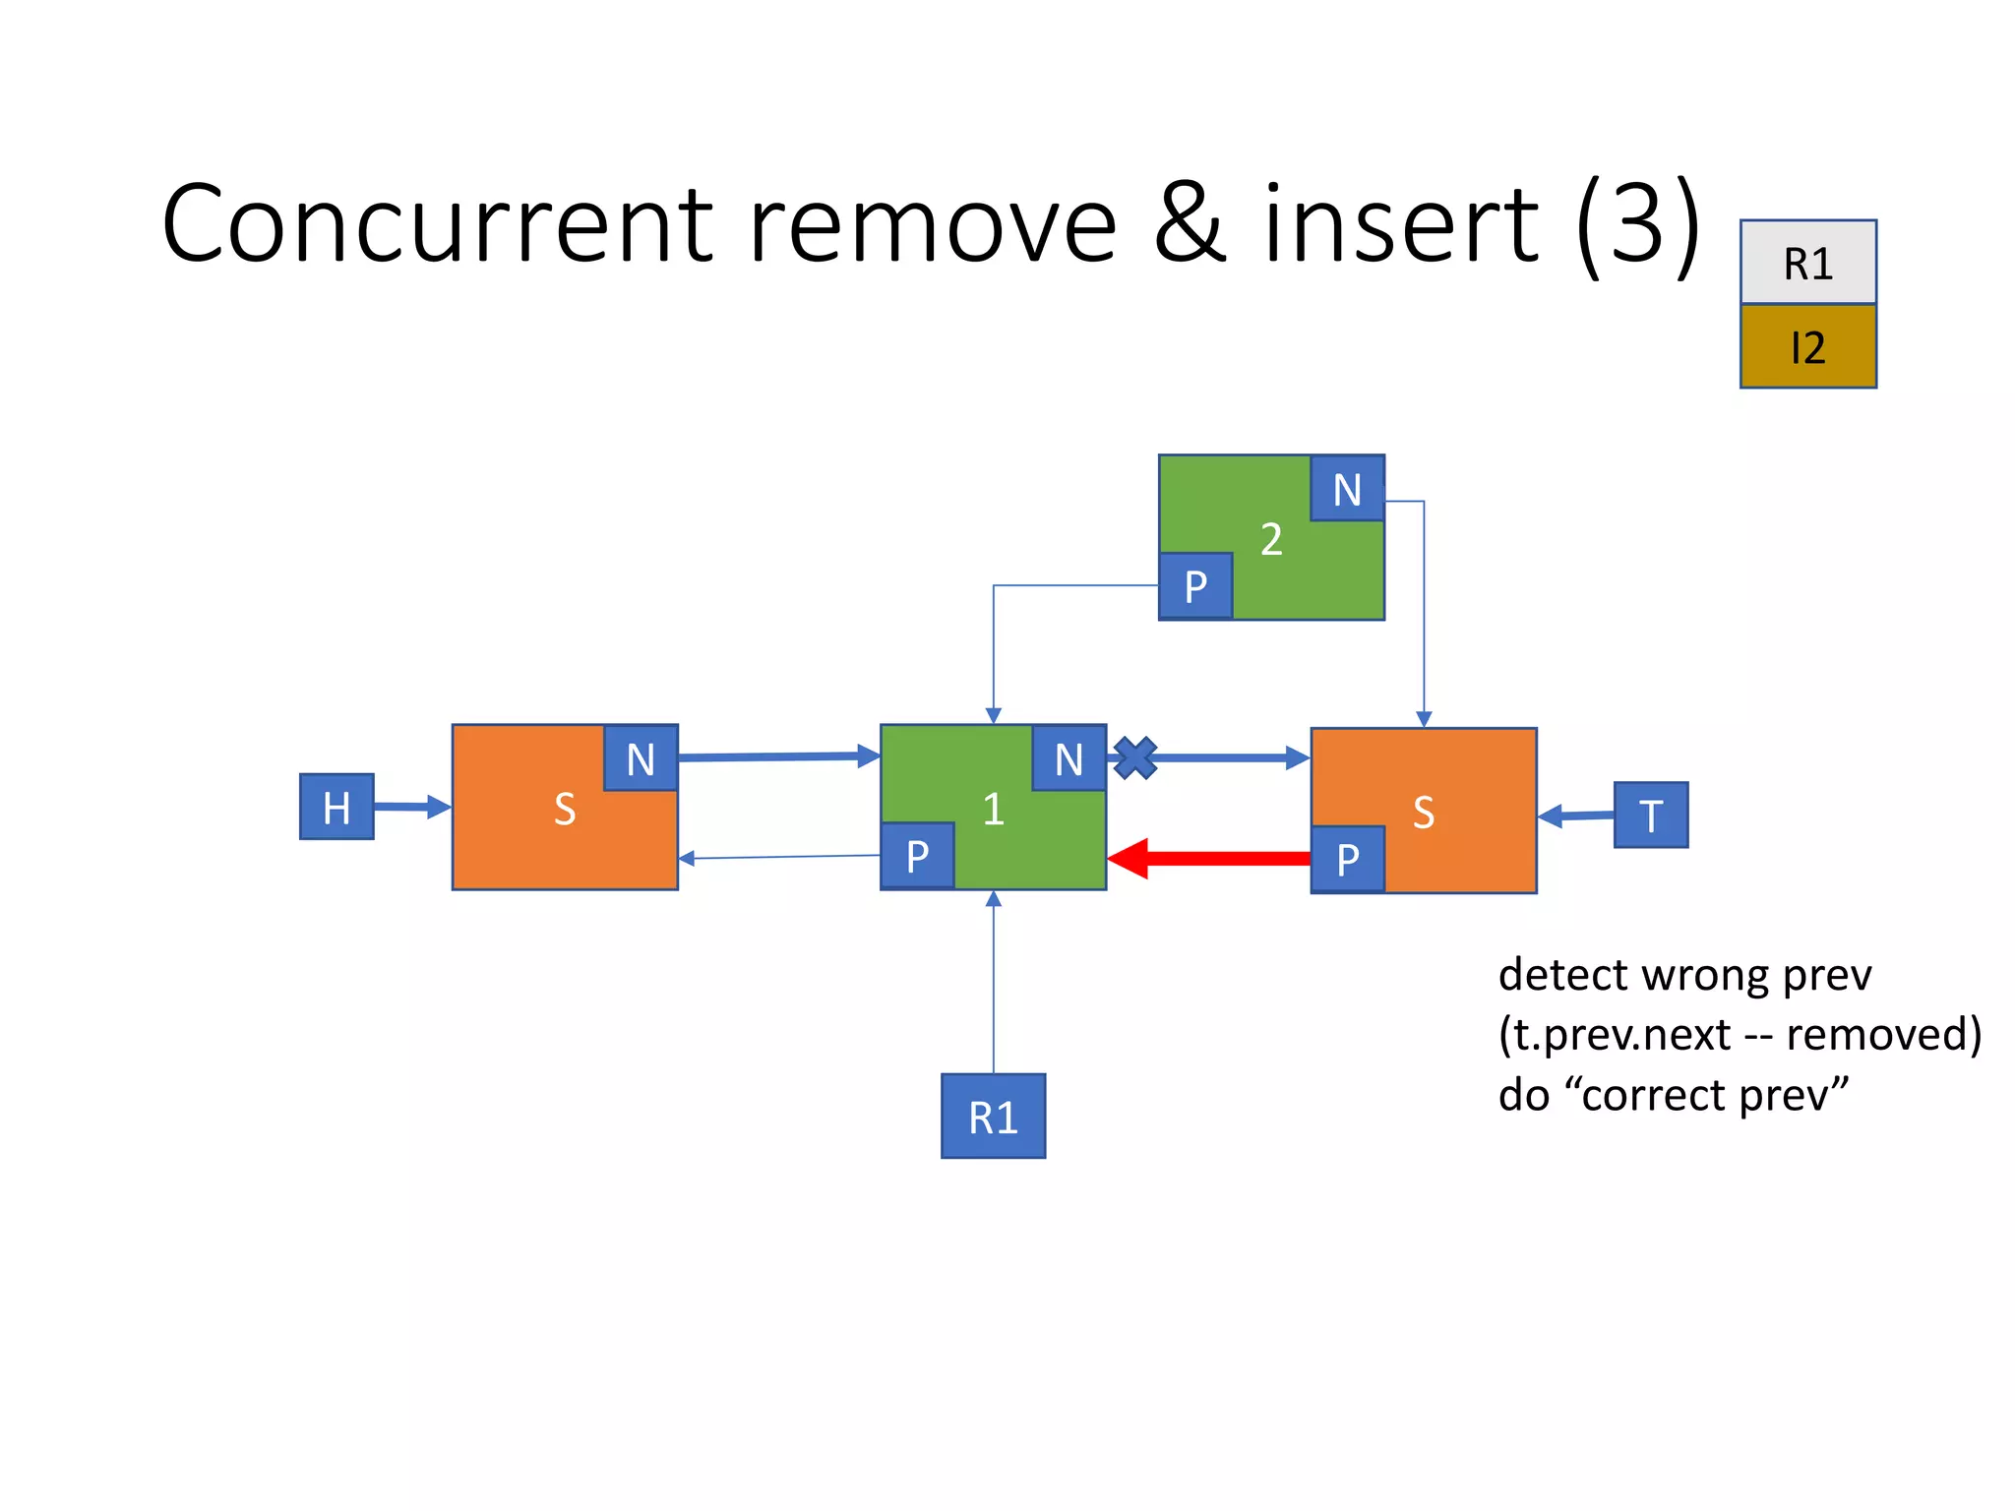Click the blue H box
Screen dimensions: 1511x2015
(336, 807)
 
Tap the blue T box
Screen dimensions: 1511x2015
(1650, 815)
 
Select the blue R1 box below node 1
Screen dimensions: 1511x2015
(993, 1116)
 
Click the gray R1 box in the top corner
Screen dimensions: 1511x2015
(1807, 263)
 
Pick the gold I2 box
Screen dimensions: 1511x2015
(1807, 346)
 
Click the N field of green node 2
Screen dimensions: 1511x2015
(1347, 489)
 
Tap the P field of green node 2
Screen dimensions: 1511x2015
(1195, 586)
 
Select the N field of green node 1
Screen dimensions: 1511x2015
(1069, 758)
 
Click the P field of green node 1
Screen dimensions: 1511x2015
(917, 856)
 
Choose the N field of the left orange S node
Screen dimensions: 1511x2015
(641, 758)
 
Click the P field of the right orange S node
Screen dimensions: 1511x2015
(1347, 860)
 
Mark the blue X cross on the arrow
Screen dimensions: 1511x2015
(1135, 758)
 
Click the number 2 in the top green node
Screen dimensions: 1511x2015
(1271, 539)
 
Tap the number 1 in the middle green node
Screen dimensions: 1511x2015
(993, 809)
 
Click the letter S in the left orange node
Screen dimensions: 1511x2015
(564, 809)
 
